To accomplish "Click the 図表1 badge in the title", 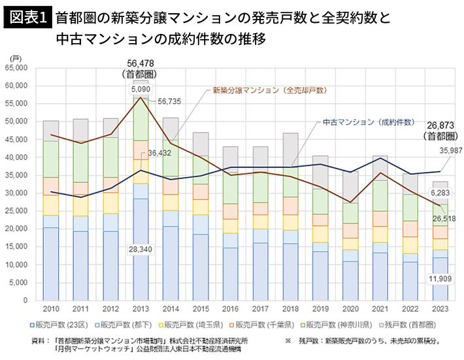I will (x=30, y=18).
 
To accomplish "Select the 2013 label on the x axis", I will (x=141, y=308).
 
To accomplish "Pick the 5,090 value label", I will (x=141, y=89).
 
